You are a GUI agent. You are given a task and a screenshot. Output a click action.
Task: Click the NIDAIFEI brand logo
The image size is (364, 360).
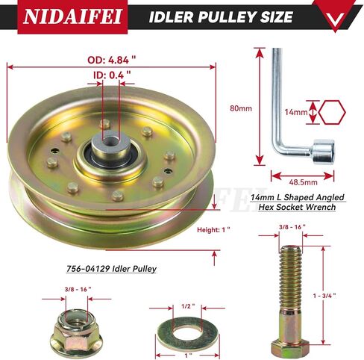pyautogui.click(x=72, y=16)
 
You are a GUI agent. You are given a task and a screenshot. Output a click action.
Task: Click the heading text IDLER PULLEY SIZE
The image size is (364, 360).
pyautogui.click(x=221, y=17)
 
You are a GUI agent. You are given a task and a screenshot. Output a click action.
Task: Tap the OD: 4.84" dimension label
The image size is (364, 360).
pyautogui.click(x=112, y=60)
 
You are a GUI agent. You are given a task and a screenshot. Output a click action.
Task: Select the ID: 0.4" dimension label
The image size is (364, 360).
pyautogui.click(x=112, y=75)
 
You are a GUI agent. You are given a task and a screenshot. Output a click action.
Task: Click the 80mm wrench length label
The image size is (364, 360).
pyautogui.click(x=241, y=108)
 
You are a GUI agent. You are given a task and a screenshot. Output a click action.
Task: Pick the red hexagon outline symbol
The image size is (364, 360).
pyautogui.click(x=332, y=112)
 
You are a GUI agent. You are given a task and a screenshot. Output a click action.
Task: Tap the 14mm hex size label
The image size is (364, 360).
pyautogui.click(x=296, y=112)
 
